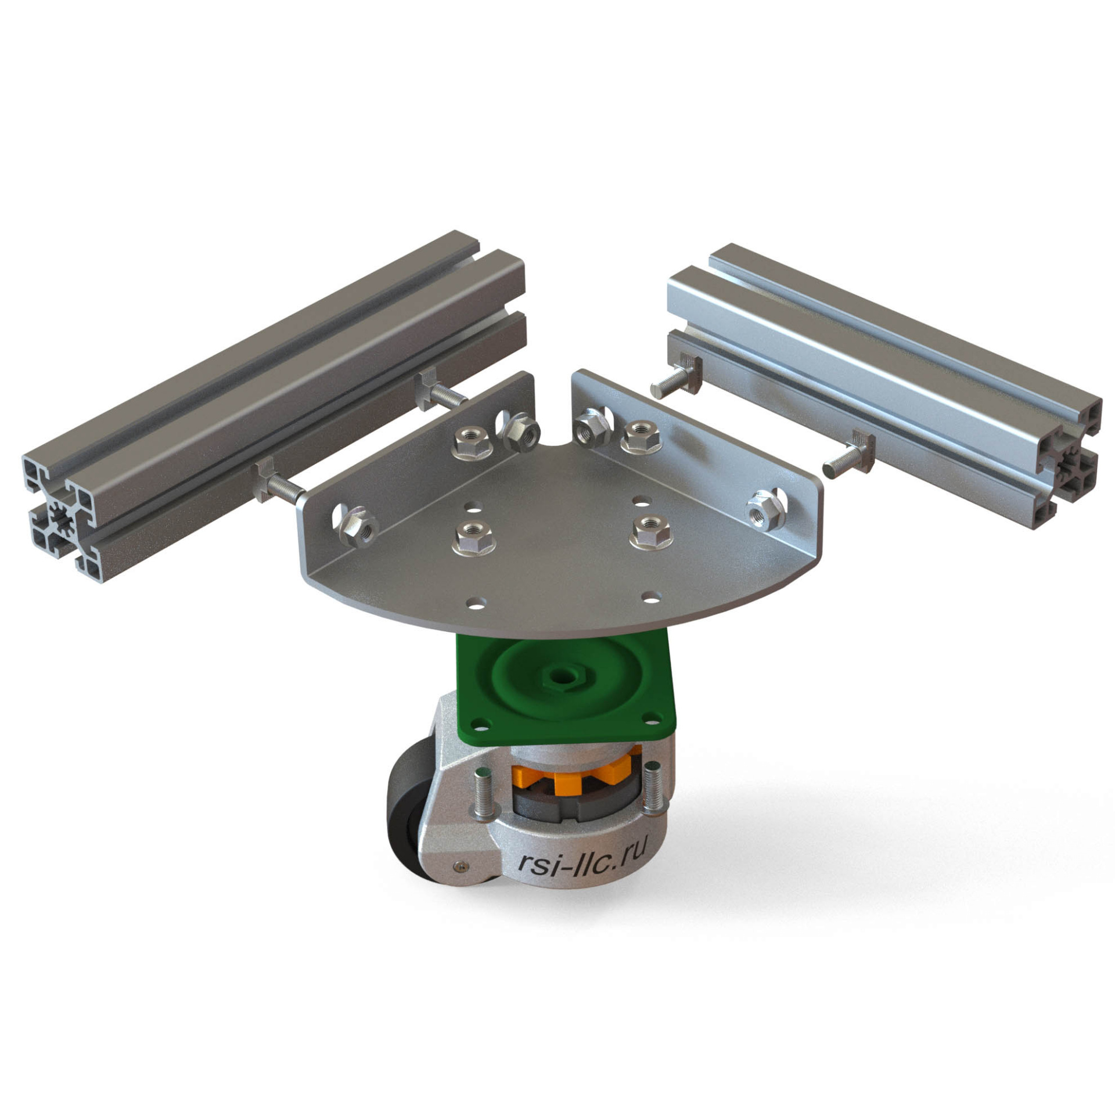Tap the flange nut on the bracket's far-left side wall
355,525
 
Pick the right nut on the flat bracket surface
651,529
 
